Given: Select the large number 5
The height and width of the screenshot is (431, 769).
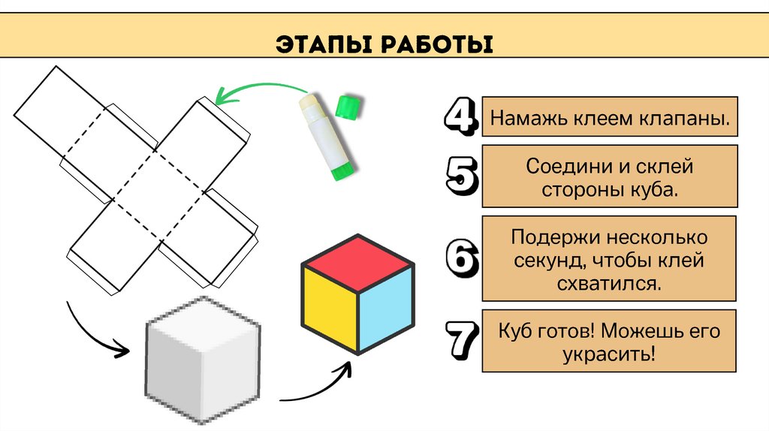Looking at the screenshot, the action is [x=460, y=177].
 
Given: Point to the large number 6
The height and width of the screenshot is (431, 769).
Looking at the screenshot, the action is [x=460, y=259].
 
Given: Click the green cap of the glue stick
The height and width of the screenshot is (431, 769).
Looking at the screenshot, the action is [x=346, y=106].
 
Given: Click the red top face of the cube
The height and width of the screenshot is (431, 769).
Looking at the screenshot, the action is [x=357, y=264].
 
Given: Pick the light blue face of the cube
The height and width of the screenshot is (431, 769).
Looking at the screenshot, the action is [x=385, y=308].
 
